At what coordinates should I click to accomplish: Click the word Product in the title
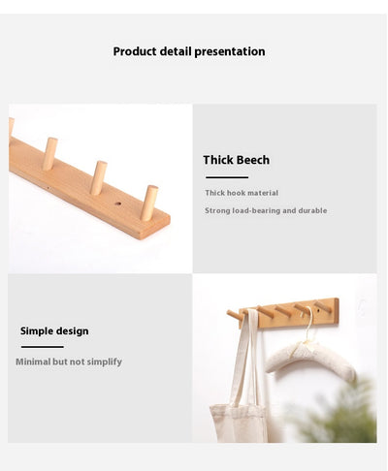[x=135, y=51]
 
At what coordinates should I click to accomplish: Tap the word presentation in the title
[x=230, y=51]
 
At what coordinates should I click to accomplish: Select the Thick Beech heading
[x=236, y=160]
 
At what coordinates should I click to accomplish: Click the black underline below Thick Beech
[x=227, y=177]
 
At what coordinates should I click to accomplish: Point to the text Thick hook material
[x=242, y=193]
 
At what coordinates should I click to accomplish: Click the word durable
[x=312, y=210]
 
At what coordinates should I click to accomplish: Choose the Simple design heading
[x=54, y=331]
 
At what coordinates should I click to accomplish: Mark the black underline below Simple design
[x=43, y=347]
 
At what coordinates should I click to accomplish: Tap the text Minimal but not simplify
[x=69, y=361]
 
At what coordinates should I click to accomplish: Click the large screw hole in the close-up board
[x=118, y=204]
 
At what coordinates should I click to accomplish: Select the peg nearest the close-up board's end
[x=149, y=203]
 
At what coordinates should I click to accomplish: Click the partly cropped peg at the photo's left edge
[x=11, y=128]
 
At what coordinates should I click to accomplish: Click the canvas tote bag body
[x=240, y=424]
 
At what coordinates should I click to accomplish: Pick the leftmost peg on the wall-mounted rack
[x=235, y=315]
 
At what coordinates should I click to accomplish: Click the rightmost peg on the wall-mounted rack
[x=323, y=307]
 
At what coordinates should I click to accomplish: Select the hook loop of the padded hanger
[x=309, y=323]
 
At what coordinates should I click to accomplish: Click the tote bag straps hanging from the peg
[x=247, y=357]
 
